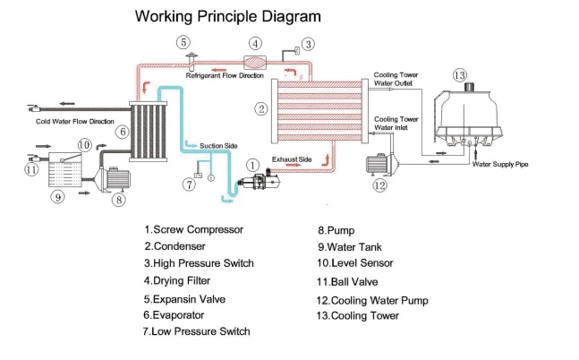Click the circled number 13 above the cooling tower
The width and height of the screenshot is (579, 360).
click(x=460, y=75)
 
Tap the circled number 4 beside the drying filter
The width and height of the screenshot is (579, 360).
click(x=255, y=43)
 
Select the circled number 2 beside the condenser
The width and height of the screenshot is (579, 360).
click(x=261, y=109)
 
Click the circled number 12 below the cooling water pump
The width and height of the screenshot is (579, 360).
click(x=380, y=186)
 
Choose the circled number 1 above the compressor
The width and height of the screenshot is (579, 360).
click(x=253, y=165)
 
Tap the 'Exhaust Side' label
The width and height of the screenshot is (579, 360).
click(x=292, y=159)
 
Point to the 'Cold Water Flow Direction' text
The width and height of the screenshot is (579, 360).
click(x=74, y=120)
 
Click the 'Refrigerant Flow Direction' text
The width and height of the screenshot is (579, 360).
click(x=225, y=76)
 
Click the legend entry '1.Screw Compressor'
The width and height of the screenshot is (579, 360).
click(x=193, y=229)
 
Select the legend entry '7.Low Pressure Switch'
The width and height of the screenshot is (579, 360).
click(x=197, y=331)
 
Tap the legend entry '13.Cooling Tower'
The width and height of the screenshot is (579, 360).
click(x=357, y=315)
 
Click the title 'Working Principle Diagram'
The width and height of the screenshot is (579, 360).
click(x=227, y=16)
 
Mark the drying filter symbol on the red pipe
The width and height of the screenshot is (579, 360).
click(x=255, y=60)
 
